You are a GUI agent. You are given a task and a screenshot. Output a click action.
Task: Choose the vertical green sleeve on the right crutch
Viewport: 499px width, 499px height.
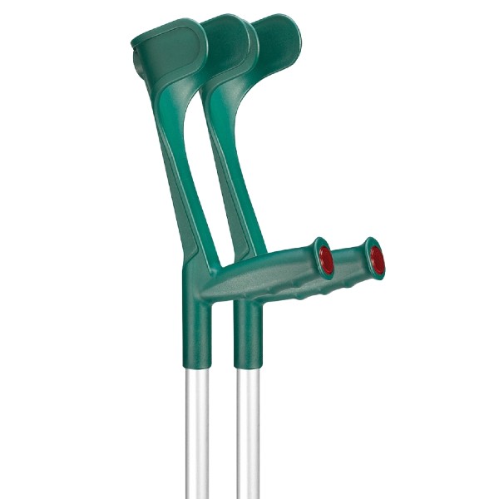[x=247, y=333]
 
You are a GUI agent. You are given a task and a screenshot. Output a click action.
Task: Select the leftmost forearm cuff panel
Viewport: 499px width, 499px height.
[x=166, y=46]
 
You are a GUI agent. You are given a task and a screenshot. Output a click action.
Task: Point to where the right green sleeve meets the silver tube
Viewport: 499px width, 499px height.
[x=247, y=367]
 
